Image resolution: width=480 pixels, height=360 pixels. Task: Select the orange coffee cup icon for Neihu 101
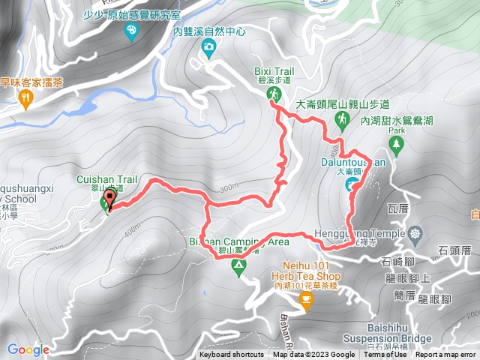(305, 299)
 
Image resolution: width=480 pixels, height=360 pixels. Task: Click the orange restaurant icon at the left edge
(27, 97)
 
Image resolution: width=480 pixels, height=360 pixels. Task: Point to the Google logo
(28, 349)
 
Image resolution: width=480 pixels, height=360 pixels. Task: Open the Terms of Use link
(385, 355)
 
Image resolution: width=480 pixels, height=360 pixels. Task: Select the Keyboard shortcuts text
(232, 355)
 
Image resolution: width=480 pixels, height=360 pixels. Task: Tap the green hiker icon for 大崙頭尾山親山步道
(341, 119)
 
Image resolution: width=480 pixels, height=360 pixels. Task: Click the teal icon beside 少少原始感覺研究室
(132, 30)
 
